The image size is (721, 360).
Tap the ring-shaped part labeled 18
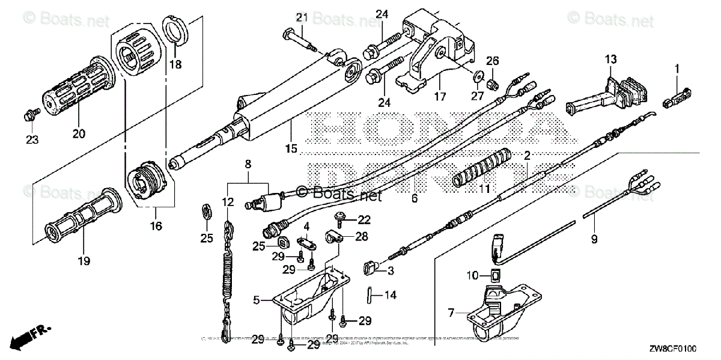pos(175,31)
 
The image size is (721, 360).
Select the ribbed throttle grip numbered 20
pos(74,88)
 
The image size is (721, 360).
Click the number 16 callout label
pos(156,226)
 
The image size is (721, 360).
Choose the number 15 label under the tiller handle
pos(291,148)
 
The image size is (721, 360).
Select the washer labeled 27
pos(479,76)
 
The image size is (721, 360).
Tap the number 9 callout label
pos(594,239)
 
